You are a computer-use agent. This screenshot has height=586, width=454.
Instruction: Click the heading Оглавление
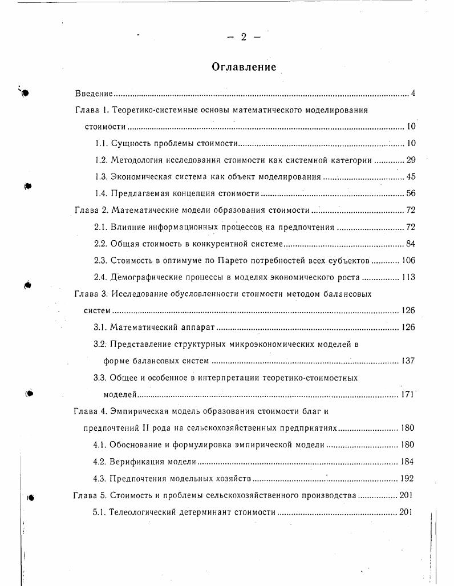coord(244,67)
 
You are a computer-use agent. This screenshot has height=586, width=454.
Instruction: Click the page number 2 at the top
coord(244,37)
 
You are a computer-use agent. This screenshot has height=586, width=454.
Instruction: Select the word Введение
coord(94,93)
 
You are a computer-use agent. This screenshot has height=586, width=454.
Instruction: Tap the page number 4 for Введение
coord(413,93)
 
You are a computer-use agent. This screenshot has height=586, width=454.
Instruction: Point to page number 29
coord(411,160)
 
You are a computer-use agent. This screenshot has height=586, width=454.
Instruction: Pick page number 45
coord(411,177)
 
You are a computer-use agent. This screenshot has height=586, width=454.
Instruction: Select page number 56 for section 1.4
coord(411,194)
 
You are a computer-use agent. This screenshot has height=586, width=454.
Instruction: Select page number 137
coord(407,361)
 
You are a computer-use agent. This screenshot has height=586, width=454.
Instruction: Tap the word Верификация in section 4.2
coord(136,462)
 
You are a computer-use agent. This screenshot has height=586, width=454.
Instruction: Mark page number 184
coord(406,462)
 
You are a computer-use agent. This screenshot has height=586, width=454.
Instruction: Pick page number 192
coord(406,479)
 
